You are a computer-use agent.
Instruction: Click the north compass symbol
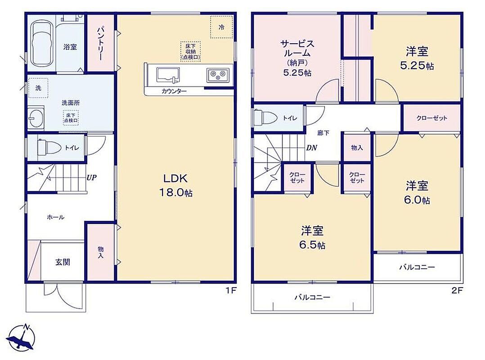click(x=20, y=337)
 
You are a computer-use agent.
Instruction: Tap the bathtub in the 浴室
click(x=41, y=44)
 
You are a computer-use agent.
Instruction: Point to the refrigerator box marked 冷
click(x=221, y=27)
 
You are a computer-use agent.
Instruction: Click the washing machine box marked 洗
click(x=38, y=88)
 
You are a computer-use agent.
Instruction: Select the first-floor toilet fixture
click(x=49, y=147)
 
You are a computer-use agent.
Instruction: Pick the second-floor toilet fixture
click(x=265, y=117)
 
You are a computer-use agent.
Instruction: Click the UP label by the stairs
click(x=92, y=178)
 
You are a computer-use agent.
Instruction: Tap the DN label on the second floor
click(x=311, y=148)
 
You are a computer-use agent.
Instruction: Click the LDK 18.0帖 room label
click(x=175, y=185)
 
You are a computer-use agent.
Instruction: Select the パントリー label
click(x=100, y=44)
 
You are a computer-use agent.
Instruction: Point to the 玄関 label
click(x=63, y=262)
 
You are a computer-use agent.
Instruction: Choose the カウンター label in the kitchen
click(x=174, y=91)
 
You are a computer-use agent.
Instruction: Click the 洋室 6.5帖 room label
click(x=312, y=238)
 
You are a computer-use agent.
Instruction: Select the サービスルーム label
click(x=297, y=48)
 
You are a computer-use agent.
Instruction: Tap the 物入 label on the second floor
click(x=357, y=148)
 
